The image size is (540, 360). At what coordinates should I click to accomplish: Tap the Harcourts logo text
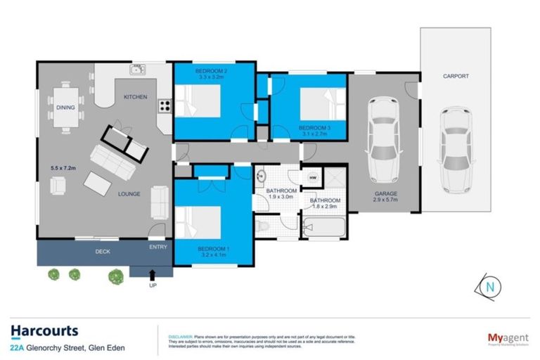(x=44, y=330)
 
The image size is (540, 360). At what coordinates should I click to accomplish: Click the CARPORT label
(x=455, y=75)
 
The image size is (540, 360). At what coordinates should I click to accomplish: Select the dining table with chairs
(x=68, y=108)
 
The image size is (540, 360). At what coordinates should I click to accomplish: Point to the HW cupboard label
(x=311, y=178)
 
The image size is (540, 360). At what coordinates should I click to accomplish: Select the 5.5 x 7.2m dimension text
(x=63, y=167)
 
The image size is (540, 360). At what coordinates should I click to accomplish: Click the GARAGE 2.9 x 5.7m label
(x=385, y=197)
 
